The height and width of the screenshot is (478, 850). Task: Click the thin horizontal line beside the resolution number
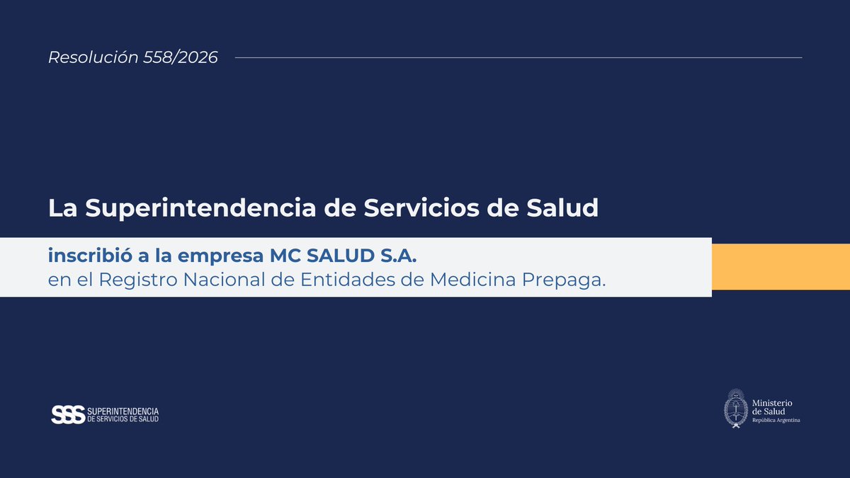click(517, 57)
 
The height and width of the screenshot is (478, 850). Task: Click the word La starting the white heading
click(63, 208)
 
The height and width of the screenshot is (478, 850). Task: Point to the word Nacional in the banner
click(229, 280)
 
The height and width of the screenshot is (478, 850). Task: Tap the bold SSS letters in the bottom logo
click(68, 415)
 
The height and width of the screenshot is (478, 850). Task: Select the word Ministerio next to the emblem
click(772, 403)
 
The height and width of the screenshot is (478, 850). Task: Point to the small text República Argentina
click(776, 420)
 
